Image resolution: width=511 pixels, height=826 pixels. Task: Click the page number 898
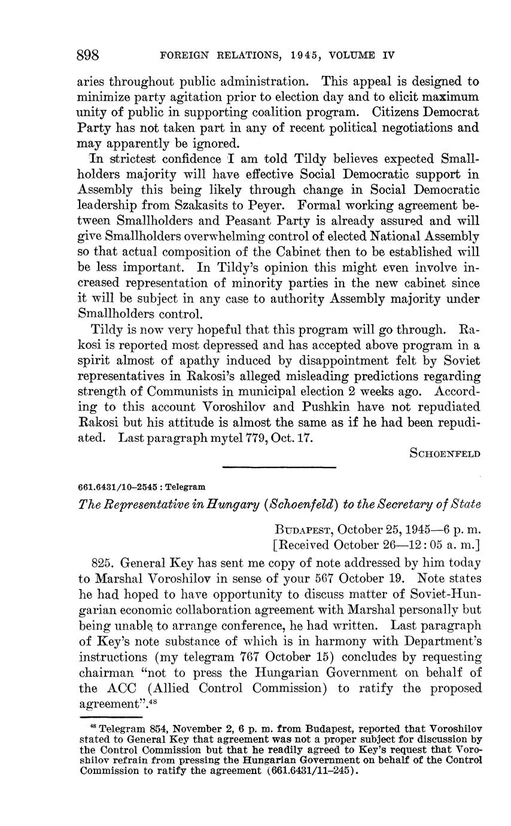[x=88, y=56]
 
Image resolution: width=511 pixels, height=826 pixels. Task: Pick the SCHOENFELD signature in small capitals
[x=445, y=454]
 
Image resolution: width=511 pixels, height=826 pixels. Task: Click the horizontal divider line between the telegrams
[x=279, y=467]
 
